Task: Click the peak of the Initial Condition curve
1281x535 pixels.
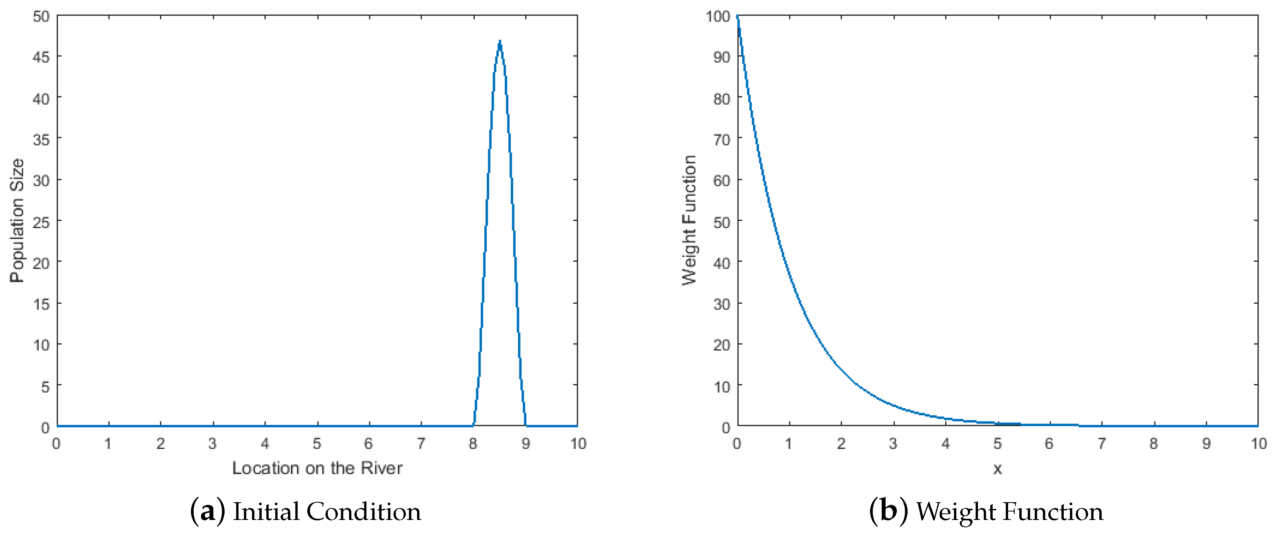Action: coord(499,42)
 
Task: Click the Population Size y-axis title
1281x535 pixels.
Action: coord(17,220)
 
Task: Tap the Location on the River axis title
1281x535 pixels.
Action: coord(317,468)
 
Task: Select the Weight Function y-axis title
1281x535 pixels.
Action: coord(689,220)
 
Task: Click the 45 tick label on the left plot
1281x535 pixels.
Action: coord(41,57)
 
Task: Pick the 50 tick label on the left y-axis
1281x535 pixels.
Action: coord(41,16)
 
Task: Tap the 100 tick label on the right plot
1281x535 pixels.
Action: coord(717,16)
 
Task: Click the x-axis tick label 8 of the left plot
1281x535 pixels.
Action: coord(472,444)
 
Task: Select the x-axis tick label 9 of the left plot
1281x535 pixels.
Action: coord(525,444)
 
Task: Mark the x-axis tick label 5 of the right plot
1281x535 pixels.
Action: coord(998,444)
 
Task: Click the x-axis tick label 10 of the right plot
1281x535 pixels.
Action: coord(1259,444)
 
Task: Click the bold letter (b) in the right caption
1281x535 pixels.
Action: coord(888,512)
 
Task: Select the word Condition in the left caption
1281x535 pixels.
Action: coord(363,512)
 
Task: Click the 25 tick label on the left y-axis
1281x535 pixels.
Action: coord(41,222)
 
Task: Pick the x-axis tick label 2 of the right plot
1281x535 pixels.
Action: coord(841,444)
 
